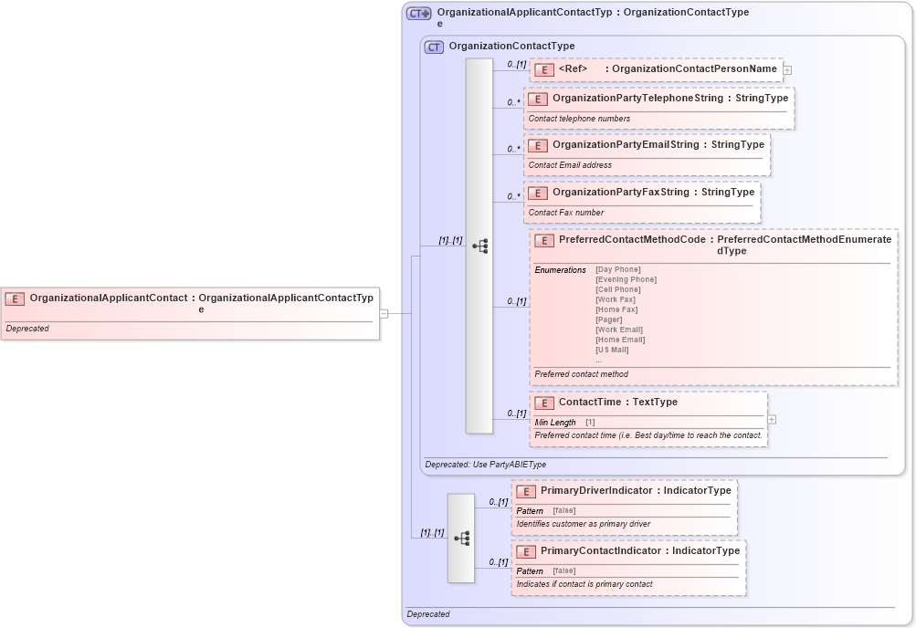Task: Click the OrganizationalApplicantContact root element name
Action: click(108, 298)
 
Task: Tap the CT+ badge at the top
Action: click(418, 14)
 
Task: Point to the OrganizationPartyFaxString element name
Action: click(620, 193)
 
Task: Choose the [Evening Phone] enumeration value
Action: click(626, 279)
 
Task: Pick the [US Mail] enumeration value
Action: click(612, 350)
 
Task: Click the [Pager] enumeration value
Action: click(608, 319)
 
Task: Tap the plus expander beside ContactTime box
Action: click(773, 420)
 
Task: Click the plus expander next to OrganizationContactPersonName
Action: click(787, 69)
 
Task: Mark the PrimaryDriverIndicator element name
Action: click(596, 491)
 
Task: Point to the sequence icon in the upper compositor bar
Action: click(479, 246)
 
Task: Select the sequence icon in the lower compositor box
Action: click(461, 539)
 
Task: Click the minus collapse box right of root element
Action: click(384, 314)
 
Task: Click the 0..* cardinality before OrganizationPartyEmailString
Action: click(514, 149)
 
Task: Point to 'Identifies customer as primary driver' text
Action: click(583, 524)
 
